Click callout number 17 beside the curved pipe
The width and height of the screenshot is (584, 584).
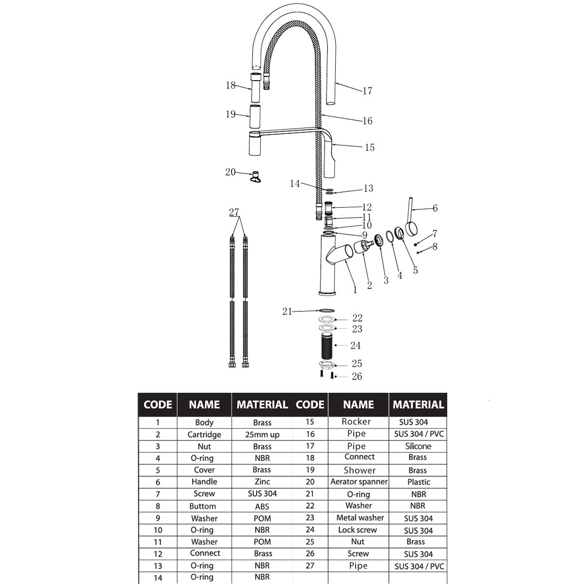point(367,91)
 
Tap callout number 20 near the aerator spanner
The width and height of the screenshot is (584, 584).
point(230,172)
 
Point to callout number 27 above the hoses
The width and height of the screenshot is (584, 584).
point(234,212)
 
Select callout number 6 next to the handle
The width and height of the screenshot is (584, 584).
point(435,208)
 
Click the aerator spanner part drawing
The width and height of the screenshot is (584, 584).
point(255,177)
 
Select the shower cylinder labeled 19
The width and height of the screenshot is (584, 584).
point(255,116)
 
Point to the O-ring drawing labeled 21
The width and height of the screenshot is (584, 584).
point(327,310)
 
